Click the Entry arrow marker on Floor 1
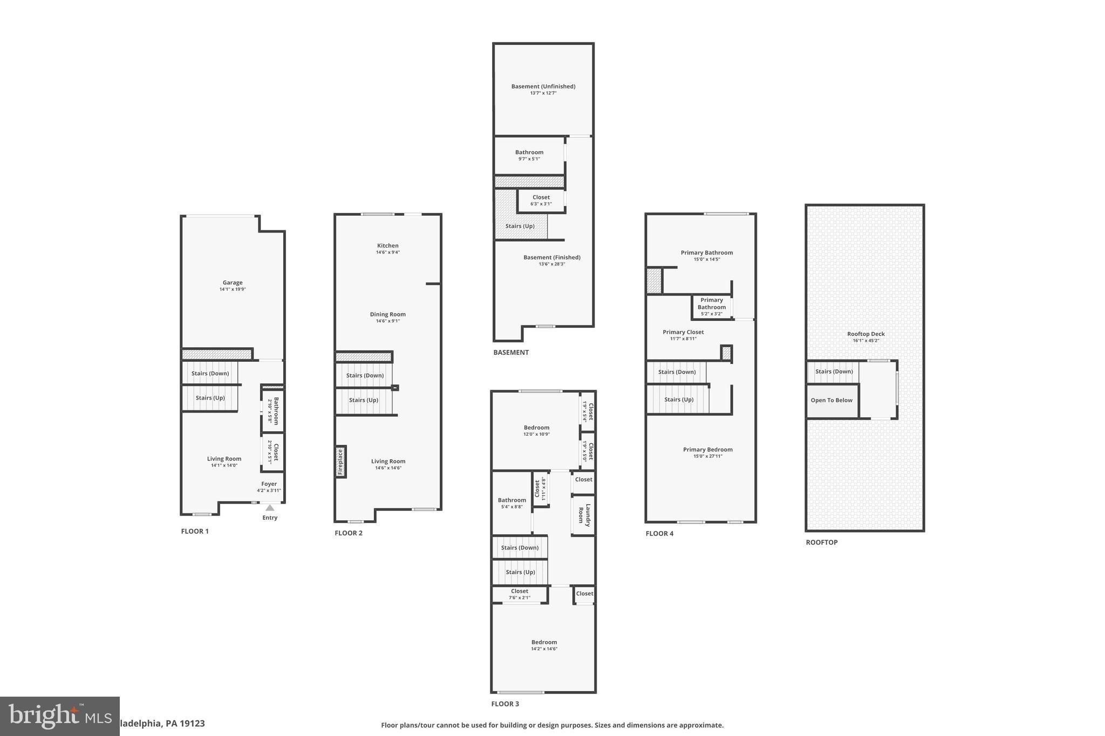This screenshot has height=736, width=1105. (270, 508)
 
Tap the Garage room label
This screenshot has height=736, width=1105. (233, 283)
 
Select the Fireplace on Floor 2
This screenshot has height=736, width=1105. (340, 462)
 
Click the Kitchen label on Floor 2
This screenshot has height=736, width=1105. (387, 246)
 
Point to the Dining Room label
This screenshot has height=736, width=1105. (387, 314)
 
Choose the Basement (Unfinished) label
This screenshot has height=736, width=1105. (543, 86)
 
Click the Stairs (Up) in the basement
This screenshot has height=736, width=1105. (520, 226)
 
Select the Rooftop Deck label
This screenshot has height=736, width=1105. (865, 334)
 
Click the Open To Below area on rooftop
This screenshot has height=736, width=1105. (831, 400)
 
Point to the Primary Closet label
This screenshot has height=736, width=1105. (683, 332)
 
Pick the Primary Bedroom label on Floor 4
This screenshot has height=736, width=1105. (707, 450)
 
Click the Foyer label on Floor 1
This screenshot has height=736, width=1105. (269, 484)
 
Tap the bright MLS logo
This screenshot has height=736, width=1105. (59, 716)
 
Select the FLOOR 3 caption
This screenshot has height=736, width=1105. (505, 704)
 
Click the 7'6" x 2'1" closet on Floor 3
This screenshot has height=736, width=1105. (520, 594)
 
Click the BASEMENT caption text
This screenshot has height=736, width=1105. (511, 353)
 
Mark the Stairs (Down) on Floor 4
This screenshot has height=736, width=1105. (677, 372)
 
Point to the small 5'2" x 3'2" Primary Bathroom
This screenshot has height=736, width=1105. (711, 307)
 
